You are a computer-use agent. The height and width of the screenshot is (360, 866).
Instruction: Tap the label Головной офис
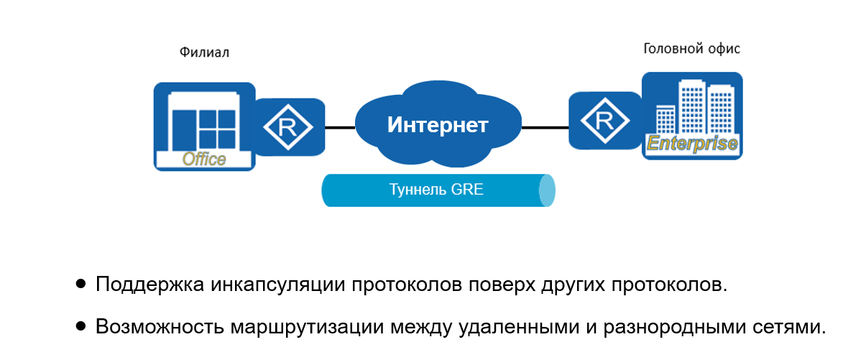tap(691, 49)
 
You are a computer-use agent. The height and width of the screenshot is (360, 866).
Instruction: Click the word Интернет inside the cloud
tap(438, 125)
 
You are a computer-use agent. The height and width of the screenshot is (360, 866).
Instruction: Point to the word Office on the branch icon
tap(204, 159)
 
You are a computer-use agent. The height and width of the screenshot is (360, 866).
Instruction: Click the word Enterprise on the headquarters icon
tap(692, 143)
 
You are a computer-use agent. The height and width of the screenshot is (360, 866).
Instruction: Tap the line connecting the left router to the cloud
tap(340, 127)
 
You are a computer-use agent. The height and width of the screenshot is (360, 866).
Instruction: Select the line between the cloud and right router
tap(545, 127)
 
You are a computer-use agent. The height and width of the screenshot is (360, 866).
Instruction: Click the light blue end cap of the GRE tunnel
tap(548, 190)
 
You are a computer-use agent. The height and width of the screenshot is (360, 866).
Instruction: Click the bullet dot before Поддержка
tap(81, 284)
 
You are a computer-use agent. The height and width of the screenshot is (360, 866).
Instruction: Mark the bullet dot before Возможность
tap(81, 326)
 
